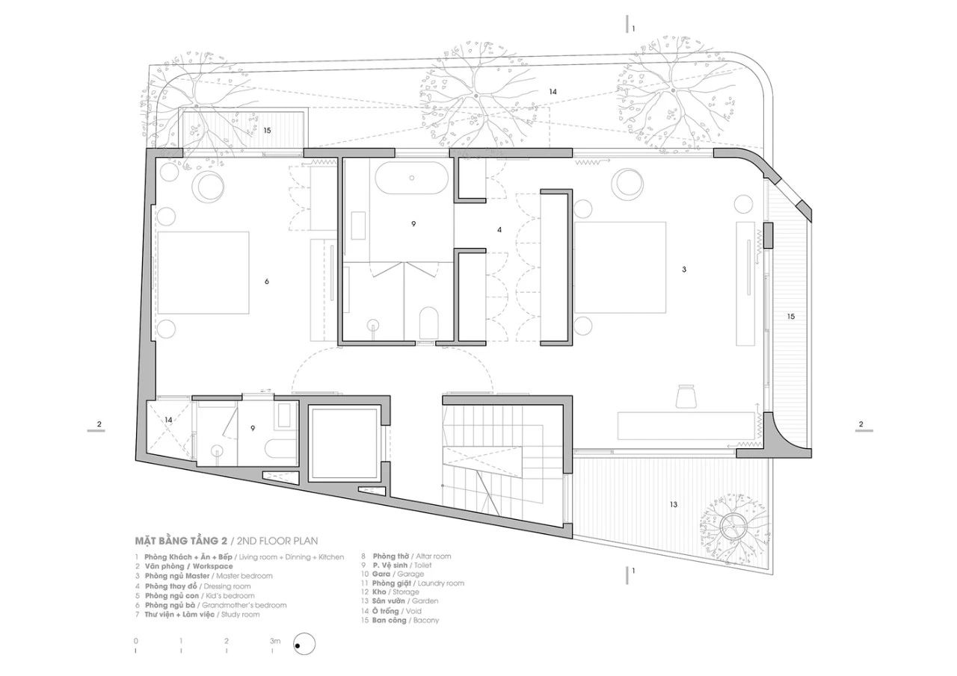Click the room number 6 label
click(267, 281)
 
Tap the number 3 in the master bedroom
click(683, 269)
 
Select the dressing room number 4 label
click(499, 230)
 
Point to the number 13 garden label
click(673, 505)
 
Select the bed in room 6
click(203, 272)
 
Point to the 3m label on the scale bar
click(274, 641)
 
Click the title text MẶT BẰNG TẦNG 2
click(179, 539)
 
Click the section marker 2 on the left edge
click(99, 425)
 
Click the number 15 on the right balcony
click(790, 317)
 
